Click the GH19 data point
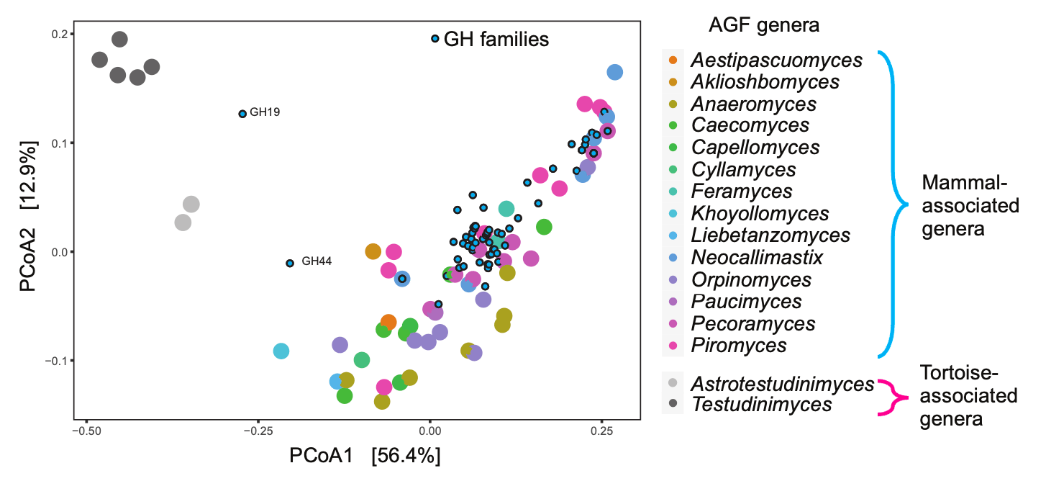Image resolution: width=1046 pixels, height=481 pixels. point(242,114)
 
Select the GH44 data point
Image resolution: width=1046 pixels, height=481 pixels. point(290,264)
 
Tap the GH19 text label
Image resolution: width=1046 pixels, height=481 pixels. point(265,112)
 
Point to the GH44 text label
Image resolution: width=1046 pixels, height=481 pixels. point(317,261)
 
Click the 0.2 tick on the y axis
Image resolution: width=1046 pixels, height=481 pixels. point(58,35)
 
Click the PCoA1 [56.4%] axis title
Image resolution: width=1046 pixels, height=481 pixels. point(365,457)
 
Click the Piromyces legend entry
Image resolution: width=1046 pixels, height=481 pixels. point(739,346)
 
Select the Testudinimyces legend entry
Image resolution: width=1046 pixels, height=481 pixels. point(761,405)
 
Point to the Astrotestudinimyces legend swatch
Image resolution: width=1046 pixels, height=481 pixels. point(673,383)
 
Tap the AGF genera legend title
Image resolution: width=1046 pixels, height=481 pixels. point(764,26)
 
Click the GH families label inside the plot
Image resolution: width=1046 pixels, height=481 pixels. point(496,39)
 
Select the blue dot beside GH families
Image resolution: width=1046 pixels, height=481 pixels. point(435,38)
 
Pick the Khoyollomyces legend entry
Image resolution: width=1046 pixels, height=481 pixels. point(760,214)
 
